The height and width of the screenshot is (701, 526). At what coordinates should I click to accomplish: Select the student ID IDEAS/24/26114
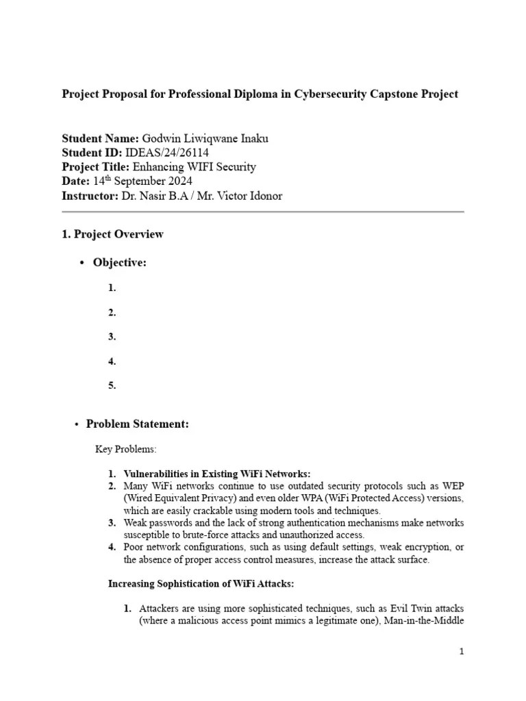168,153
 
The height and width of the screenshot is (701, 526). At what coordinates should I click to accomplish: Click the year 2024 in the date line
179,181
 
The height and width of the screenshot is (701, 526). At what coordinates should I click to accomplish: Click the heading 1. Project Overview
113,234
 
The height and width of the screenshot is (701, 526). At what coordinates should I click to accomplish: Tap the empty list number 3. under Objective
112,337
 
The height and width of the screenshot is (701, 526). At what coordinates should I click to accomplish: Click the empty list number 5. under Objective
112,385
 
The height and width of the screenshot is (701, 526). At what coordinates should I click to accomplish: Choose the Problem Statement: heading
137,424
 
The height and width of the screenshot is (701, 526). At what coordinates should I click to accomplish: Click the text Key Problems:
125,450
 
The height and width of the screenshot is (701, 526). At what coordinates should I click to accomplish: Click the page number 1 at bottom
462,652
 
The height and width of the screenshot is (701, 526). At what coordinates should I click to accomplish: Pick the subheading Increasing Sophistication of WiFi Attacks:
201,584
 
